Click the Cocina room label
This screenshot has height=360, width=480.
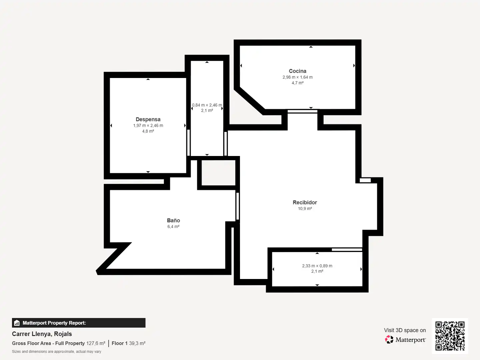click(297, 71)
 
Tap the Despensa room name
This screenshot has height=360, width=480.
click(148, 119)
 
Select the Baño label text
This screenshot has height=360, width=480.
click(173, 220)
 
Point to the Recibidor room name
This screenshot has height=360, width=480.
click(305, 202)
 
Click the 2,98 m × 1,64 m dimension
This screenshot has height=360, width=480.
click(297, 77)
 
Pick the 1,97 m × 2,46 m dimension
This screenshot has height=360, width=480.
click(148, 125)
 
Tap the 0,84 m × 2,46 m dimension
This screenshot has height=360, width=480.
click(207, 105)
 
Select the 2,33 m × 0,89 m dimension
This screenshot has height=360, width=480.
click(317, 266)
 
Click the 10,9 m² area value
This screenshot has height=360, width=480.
click(305, 209)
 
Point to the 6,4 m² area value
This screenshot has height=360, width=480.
click(173, 226)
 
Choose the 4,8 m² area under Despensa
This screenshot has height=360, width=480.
click(148, 131)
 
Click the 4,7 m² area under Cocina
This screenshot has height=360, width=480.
click(297, 83)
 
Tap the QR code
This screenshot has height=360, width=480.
click(450, 336)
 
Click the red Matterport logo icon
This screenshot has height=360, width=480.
click(389, 339)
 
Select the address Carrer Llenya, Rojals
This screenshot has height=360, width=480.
click(42, 334)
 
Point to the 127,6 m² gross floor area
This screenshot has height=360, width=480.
click(96, 343)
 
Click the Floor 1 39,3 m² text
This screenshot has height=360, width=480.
click(129, 343)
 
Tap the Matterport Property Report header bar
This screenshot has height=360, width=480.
click(79, 323)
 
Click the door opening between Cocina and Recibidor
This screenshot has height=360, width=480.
click(302, 111)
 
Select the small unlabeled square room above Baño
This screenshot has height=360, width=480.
click(218, 173)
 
